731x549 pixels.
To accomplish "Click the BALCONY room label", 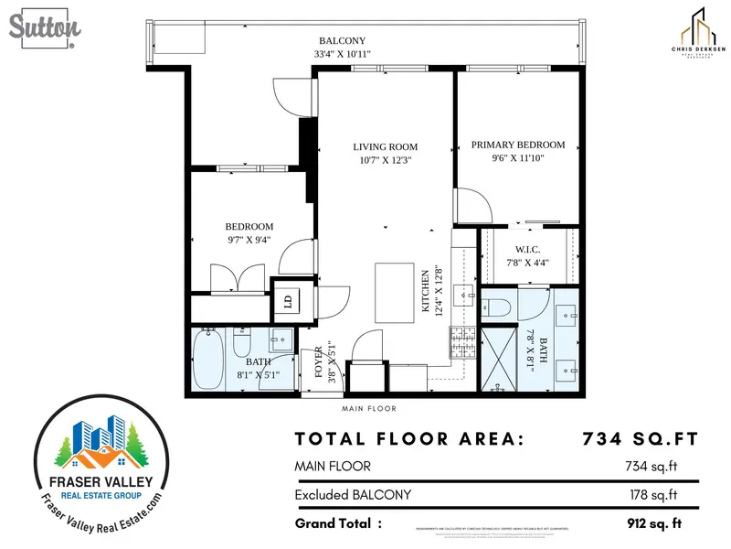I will point(342,41).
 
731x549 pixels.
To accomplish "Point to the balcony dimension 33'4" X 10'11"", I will point(342,54).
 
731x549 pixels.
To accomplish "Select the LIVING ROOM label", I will point(386,146).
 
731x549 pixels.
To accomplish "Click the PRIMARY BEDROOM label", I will point(517,145).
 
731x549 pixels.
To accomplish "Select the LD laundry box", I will point(287,300).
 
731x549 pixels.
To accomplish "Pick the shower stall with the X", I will point(500,358).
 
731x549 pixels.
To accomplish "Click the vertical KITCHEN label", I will point(425,293).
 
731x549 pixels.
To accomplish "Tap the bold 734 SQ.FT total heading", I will point(640,439).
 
